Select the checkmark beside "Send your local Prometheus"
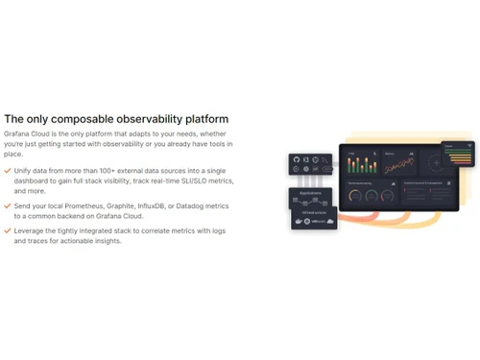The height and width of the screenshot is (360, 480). pos(8,205)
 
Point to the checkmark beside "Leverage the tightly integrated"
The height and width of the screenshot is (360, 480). pos(8,231)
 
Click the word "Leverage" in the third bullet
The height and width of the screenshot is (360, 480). pos(29,231)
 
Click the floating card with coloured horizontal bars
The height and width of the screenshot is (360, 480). pos(458,155)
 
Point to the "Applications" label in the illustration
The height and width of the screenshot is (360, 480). pos(310,193)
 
